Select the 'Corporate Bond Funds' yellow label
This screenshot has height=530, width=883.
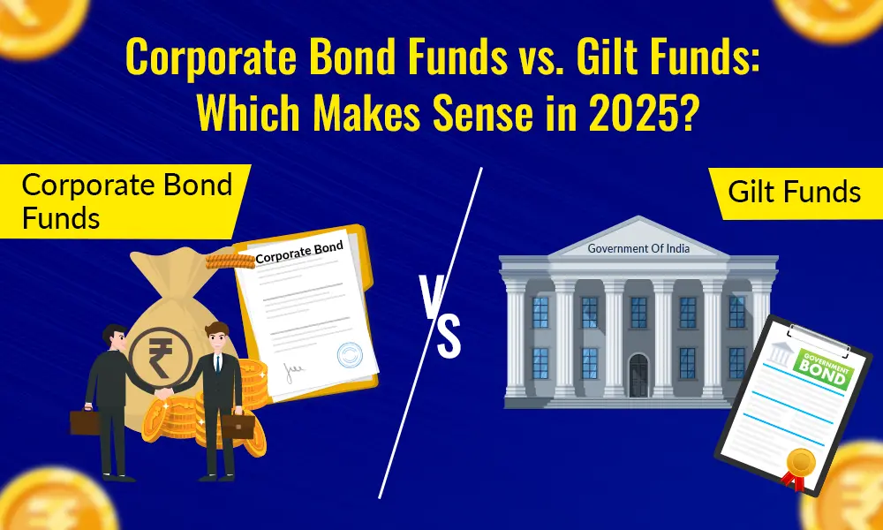pos(124,201)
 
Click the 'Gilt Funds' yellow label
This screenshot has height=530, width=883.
pos(794,192)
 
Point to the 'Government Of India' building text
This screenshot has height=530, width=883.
pos(638,248)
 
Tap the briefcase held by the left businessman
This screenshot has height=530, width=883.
pos(86,421)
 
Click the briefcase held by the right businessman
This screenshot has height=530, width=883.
pos(238,426)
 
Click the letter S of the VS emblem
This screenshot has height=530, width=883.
pos(449,338)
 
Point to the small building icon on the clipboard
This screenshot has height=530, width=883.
pos(780,354)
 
